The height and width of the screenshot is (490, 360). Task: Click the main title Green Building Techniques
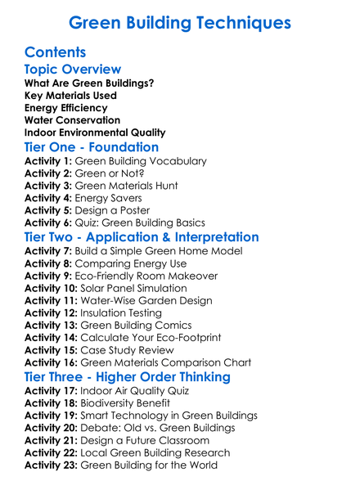[180, 22]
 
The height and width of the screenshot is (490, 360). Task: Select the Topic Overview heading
[73, 70]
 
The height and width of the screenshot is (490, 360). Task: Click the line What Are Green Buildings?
[89, 83]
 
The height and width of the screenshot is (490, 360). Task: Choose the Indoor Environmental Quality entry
[95, 133]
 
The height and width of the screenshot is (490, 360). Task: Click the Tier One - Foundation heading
[92, 147]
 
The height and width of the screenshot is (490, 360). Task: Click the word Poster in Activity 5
[145, 210]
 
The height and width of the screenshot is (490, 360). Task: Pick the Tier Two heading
[142, 237]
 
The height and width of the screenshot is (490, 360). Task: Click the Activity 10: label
[52, 288]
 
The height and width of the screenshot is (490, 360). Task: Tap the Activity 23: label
[52, 465]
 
